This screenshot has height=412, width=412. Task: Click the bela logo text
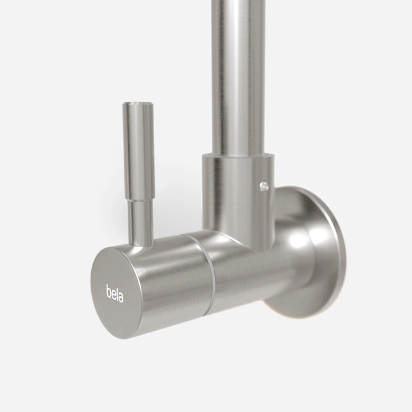115,293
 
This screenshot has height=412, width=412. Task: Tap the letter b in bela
108,291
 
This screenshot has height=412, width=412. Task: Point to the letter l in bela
117,293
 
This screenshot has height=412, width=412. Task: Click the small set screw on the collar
263,185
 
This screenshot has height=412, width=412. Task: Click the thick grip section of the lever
138,151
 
